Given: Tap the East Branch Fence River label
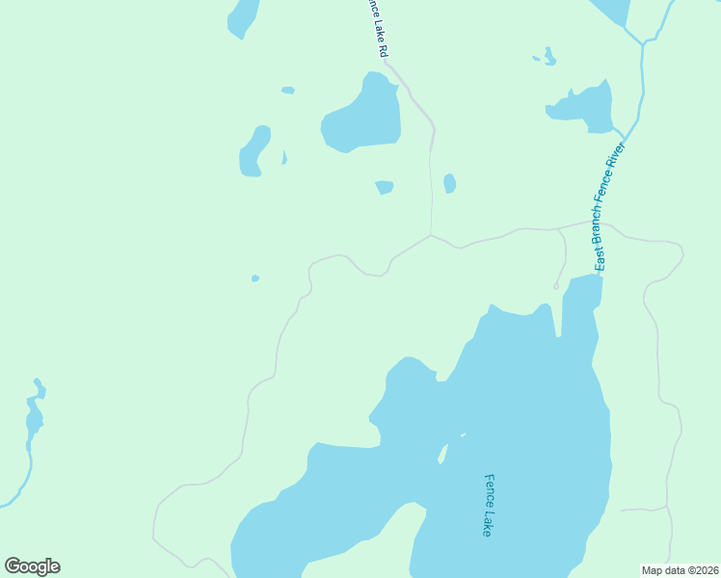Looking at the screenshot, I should (x=609, y=205).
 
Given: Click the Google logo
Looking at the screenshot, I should (x=32, y=566).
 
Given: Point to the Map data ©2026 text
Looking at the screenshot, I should (x=680, y=569).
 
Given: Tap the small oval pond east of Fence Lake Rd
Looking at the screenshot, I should (x=449, y=183).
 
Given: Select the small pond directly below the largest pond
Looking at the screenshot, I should (x=385, y=187).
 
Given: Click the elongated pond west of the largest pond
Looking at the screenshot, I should (x=254, y=152).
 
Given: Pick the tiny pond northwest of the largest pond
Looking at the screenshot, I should (x=287, y=91).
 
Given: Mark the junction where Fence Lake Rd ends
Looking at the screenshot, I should (x=430, y=234).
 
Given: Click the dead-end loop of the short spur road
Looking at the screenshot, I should (x=556, y=285).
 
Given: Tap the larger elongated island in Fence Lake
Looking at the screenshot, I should (x=443, y=453).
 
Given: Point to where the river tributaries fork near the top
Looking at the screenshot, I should (x=642, y=42).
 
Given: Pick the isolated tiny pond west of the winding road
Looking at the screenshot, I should (x=254, y=278).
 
